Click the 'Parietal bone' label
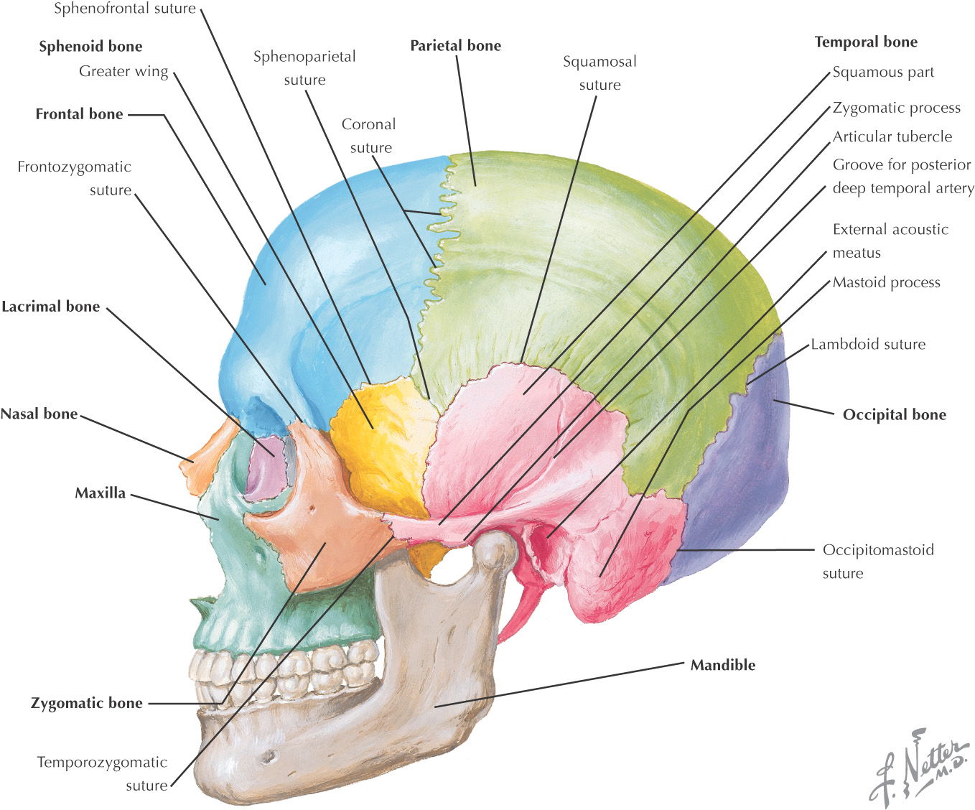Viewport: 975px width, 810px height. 455,45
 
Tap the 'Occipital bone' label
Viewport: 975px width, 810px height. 894,414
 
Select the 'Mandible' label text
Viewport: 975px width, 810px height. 722,665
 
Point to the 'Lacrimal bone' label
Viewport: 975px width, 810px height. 51,307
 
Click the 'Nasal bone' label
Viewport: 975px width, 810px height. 39,414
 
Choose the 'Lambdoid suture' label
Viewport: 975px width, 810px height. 868,344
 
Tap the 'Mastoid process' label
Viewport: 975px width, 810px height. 886,282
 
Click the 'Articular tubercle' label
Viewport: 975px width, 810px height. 892,136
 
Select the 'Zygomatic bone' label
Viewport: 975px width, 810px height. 86,703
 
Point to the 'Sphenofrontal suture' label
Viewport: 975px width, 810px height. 125,9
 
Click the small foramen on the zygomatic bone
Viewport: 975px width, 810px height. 312,510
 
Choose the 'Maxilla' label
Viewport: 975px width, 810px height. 100,493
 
